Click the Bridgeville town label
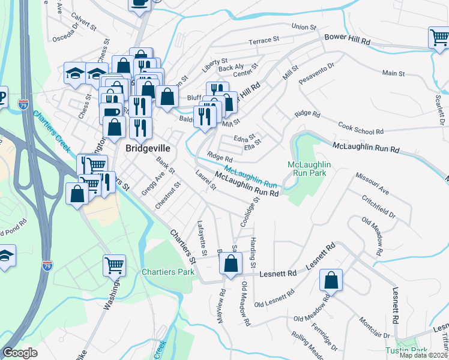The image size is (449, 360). pos(148,148)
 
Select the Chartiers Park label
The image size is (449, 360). pos(168,272)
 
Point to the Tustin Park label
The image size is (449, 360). pos(406,350)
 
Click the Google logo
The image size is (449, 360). pos(20,353)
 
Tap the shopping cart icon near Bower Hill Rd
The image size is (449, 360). pos(439,38)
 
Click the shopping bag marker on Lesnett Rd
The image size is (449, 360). pos(331,280)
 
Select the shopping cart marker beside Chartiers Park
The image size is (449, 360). pos(114,265)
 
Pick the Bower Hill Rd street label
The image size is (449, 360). pos(348,37)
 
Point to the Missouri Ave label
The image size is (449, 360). pos(372,184)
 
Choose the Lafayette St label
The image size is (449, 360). pos(202,238)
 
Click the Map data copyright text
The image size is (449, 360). pos(423,355)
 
